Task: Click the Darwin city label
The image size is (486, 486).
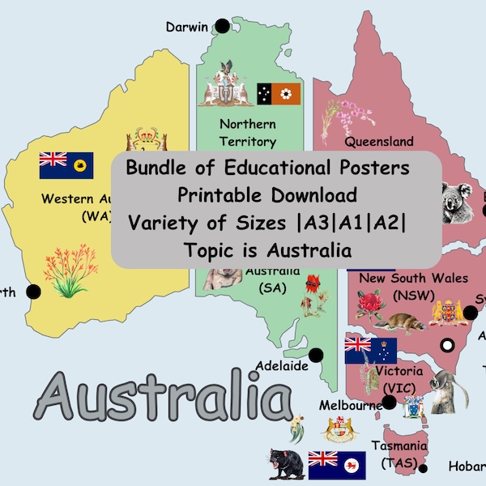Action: (x=186, y=27)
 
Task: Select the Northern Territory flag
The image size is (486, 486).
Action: (x=279, y=94)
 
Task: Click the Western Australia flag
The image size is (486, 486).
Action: (x=66, y=164)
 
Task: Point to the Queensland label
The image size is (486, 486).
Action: (x=379, y=141)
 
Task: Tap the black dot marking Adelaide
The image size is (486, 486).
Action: (x=316, y=354)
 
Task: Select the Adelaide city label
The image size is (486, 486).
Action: (x=282, y=366)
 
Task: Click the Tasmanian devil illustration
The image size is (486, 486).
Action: (x=287, y=463)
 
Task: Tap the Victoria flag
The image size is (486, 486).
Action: (x=370, y=350)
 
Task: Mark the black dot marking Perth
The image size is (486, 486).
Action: (x=33, y=292)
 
